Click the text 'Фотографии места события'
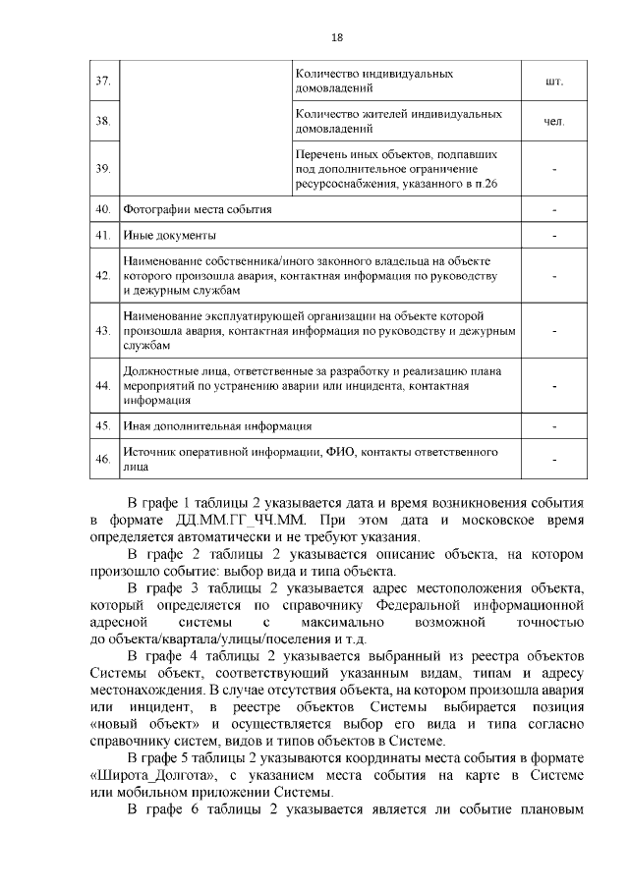tap(197, 210)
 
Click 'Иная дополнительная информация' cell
tap(217, 426)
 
